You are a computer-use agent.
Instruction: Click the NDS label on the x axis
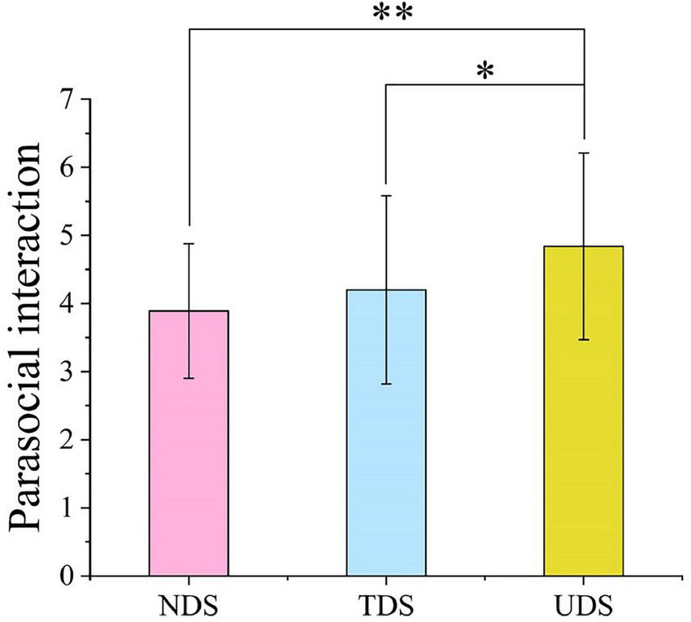click(189, 606)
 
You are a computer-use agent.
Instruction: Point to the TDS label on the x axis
click(386, 606)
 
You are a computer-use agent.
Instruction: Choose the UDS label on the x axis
click(584, 606)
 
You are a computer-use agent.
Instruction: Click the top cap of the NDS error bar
click(189, 244)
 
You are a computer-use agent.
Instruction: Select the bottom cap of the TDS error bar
click(386, 384)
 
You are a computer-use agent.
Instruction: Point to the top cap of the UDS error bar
click(584, 153)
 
